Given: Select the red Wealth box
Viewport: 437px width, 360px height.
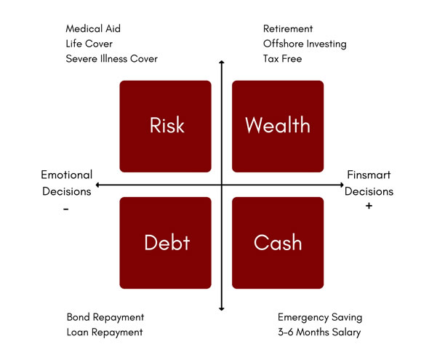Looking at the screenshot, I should [278, 126].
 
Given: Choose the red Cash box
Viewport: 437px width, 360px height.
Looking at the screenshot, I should [278, 242].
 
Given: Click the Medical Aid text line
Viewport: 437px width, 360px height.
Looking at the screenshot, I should [93, 29].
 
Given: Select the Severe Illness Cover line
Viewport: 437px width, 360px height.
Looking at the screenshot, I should [111, 58].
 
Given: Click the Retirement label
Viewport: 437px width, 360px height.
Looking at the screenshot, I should [288, 29].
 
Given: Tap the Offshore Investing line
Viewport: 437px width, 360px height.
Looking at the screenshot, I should [305, 44].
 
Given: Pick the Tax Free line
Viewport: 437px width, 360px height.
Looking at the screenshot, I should [282, 58].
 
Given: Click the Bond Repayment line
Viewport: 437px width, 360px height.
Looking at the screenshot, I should [105, 317].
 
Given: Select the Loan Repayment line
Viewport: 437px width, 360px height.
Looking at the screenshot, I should [105, 332].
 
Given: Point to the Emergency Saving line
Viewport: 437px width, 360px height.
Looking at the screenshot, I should [320, 317].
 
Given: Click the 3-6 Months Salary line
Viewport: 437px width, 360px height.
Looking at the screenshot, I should [319, 332].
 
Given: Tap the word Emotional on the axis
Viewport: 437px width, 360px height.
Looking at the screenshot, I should [66, 175].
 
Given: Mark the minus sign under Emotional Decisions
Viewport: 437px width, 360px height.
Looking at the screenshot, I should [65, 209].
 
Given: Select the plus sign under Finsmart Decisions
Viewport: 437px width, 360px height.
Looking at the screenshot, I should [369, 207].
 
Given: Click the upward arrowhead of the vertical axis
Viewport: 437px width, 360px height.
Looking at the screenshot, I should [222, 64].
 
